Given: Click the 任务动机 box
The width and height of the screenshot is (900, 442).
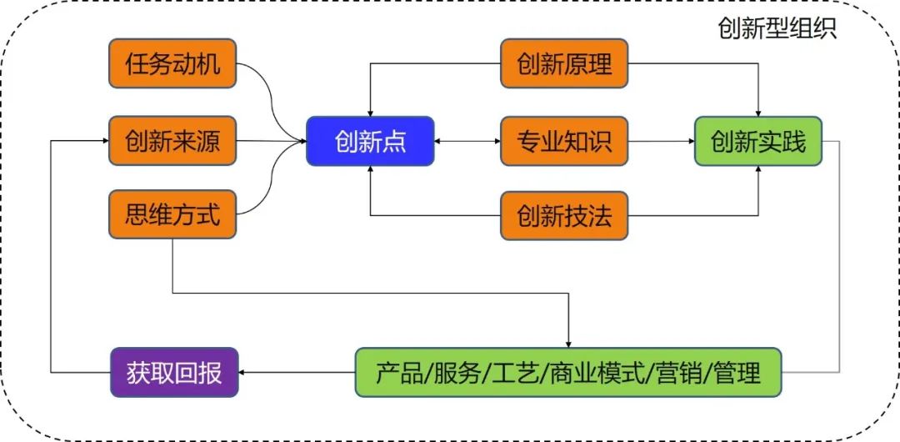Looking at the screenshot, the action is point(172,63).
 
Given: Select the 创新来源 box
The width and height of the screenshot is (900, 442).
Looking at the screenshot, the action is point(172,141).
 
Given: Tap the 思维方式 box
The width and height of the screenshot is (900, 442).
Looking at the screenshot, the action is point(172,214).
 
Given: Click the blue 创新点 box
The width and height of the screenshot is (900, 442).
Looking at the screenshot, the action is point(370,142).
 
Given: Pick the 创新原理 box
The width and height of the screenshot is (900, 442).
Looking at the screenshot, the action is point(564,63).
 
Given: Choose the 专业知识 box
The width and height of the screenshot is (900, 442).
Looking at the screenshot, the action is point(564,141).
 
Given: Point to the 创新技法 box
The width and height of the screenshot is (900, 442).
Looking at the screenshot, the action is point(564,215).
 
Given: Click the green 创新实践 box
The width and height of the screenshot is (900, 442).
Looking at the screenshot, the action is point(758,142).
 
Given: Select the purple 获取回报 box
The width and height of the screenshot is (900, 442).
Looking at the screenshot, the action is point(174,373).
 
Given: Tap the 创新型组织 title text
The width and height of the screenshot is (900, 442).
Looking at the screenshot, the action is point(777,28).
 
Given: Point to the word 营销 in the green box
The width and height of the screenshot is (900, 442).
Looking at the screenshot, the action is point(677,373).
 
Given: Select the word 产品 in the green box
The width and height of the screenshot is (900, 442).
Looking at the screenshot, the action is point(399,373).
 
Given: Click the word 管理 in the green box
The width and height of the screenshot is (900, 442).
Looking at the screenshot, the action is point(737,373).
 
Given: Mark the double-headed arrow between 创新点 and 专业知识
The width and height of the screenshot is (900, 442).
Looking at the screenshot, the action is point(467,141).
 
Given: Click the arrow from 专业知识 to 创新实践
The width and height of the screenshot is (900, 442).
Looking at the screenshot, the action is point(661,141).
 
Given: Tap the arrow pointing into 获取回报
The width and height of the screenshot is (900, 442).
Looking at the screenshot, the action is point(297,373).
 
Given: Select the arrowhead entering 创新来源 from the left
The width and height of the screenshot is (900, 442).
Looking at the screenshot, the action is point(105,141).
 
